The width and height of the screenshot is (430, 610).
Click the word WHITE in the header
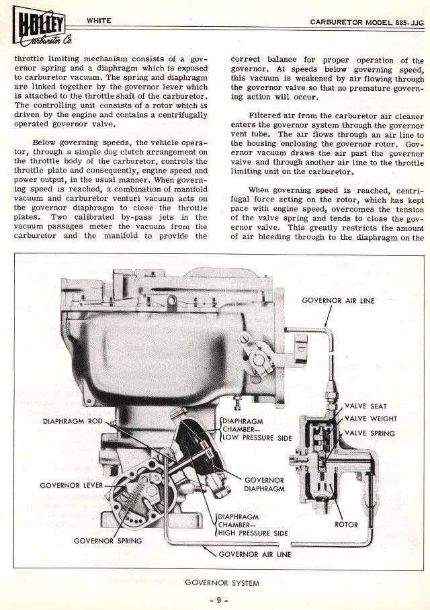click(x=99, y=21)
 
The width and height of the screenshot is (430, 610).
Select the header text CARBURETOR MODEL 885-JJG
click(x=367, y=21)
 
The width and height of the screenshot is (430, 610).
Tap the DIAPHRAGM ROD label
click(x=72, y=422)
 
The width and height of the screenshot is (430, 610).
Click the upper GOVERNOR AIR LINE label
click(x=338, y=300)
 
